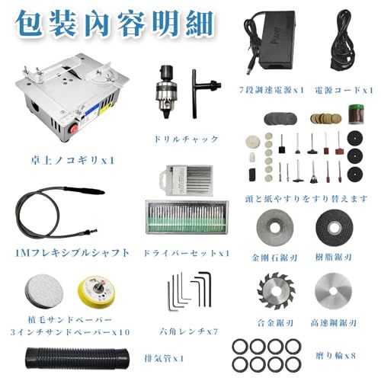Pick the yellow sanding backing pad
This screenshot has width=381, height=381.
97,292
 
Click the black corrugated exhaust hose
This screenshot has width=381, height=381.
77,358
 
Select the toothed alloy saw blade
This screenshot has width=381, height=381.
275,291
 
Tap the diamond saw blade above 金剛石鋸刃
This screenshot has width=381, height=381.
275,227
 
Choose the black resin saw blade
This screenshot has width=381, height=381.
335,227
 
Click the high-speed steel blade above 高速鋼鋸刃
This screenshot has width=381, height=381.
333,291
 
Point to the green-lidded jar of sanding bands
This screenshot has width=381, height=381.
356,114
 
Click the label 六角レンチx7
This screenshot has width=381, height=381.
189,331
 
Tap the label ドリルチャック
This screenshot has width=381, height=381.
186,139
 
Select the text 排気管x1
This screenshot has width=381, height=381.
164,358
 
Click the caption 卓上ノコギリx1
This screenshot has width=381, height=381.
72,160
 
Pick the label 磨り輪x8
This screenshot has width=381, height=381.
335,356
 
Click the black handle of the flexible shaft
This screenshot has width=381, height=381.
84,190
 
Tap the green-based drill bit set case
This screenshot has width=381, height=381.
187,217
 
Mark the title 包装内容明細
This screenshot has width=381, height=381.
114,24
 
